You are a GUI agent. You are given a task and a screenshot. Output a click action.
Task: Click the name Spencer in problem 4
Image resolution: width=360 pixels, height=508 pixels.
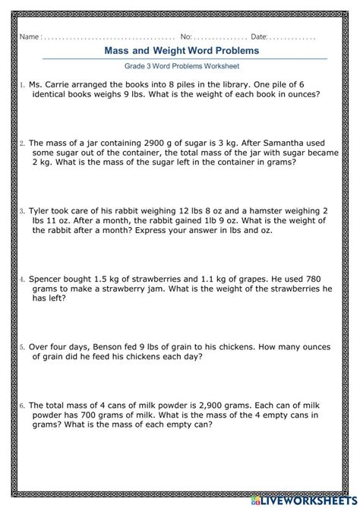pyautogui.click(x=49, y=279)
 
